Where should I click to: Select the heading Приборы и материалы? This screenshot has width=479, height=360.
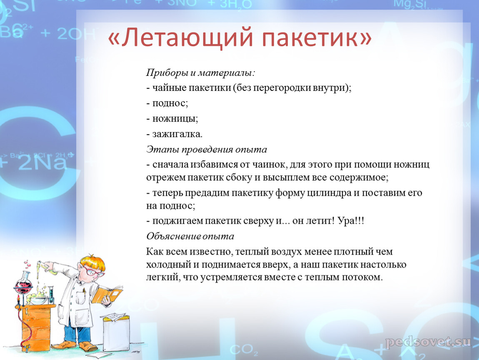tap(200, 73)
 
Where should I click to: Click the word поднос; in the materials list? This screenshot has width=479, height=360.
tap(170, 103)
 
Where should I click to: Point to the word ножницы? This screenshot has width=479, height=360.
tap(175, 119)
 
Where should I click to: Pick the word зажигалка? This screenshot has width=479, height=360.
tap(177, 134)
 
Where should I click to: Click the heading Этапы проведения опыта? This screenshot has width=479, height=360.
tap(207, 150)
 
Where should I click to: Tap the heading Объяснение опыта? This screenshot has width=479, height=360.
tap(190, 236)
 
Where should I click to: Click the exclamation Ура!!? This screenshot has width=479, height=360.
tap(351, 221)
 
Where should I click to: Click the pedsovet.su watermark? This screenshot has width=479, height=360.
tap(428, 342)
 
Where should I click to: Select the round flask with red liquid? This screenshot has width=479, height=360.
tap(23, 286)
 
